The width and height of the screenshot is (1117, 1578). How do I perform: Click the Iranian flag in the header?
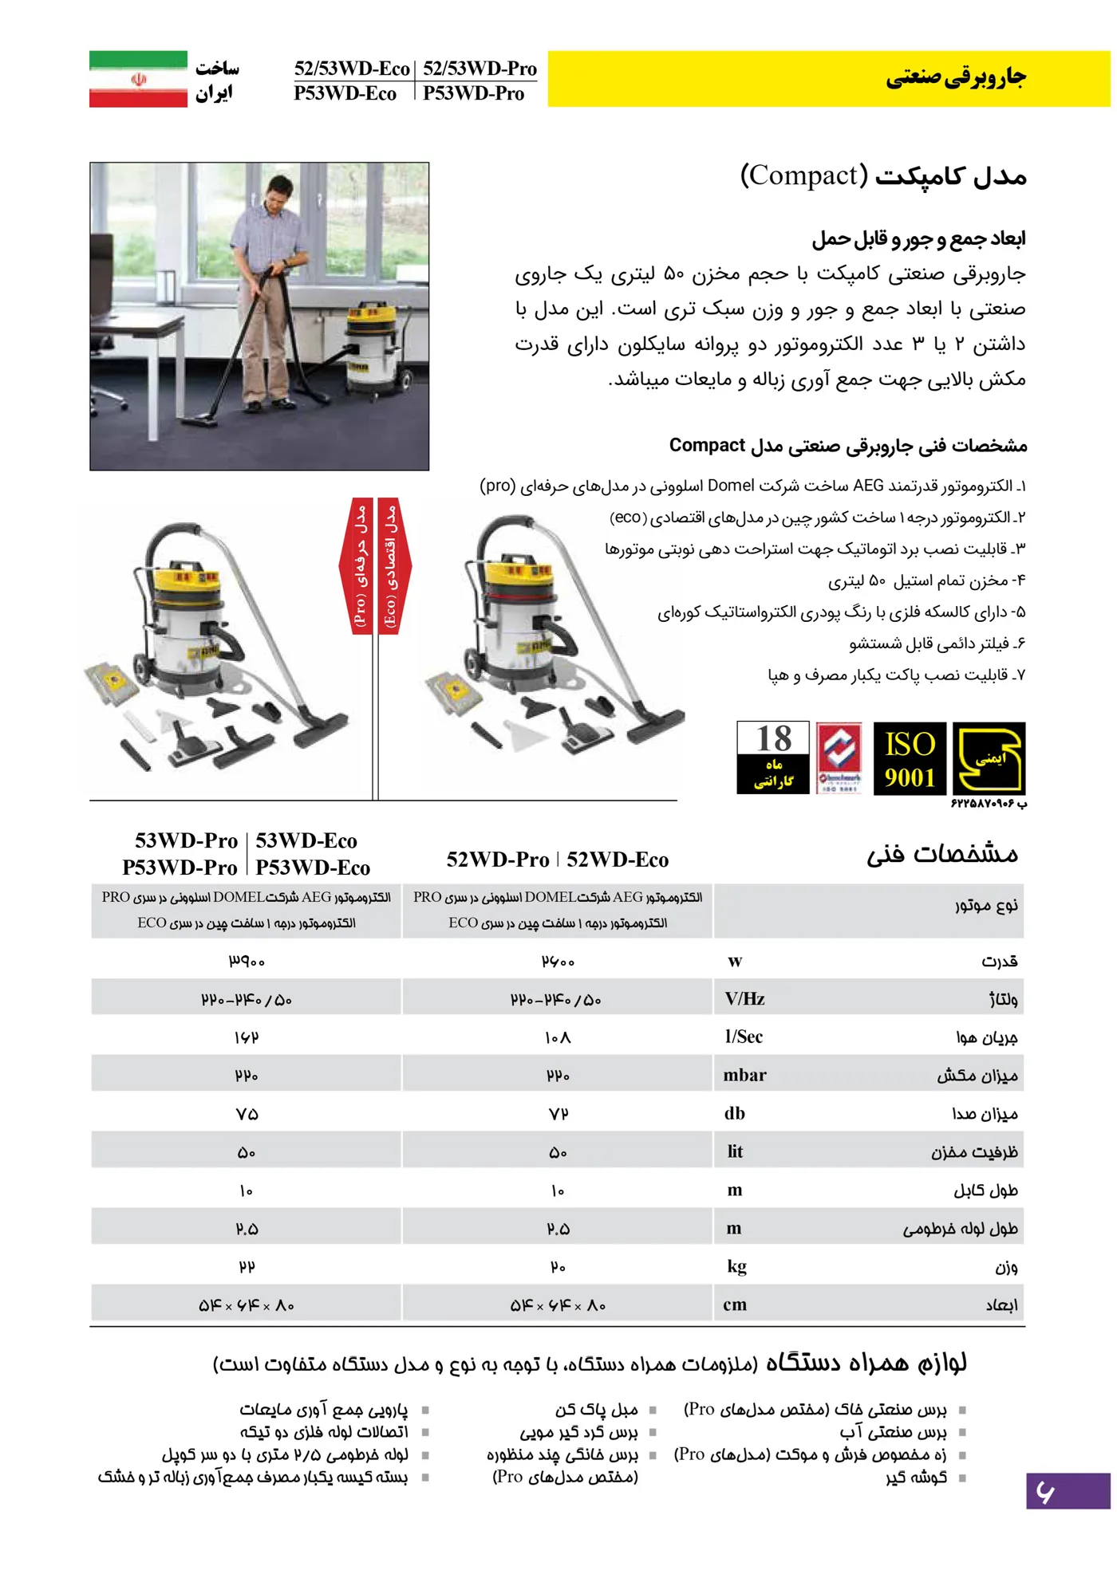coord(138,79)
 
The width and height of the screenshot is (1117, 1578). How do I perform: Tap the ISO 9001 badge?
coord(910,758)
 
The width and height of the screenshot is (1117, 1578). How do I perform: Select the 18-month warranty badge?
coord(772,758)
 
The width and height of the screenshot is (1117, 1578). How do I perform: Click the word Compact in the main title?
coord(804,175)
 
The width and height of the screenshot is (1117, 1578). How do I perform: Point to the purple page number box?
coord(1068,1490)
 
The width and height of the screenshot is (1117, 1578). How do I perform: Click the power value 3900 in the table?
coord(247,962)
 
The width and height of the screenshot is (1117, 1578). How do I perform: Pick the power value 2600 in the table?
coord(558,962)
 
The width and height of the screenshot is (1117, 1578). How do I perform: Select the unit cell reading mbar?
coord(744,1075)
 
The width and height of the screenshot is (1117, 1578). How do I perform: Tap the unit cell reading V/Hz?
coord(744,998)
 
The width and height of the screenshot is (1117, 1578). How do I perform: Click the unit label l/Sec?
coord(744,1037)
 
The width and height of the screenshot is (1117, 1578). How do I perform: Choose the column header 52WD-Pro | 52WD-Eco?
coord(558,860)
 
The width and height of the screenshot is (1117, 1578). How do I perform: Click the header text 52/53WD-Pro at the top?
coord(480,69)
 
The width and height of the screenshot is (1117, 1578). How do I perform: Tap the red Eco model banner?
coord(390,565)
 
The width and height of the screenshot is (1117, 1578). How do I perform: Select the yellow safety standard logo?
coord(989,758)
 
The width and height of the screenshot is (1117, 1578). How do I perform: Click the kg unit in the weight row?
coord(736,1266)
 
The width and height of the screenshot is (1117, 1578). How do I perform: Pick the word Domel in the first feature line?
coord(731,486)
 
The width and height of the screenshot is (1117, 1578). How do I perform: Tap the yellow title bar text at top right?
coord(956,77)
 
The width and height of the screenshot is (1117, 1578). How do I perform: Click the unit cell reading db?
coord(735,1113)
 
